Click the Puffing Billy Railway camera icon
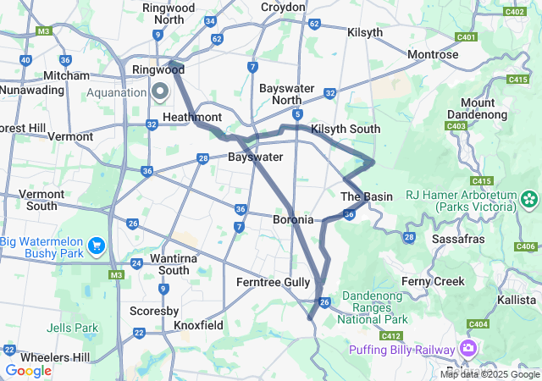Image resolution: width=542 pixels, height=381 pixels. (467, 348)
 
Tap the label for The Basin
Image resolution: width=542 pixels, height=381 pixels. (366, 196)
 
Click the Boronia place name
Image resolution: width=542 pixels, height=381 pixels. (293, 219)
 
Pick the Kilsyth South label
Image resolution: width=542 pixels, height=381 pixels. (345, 129)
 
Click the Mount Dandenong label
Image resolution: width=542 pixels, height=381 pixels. (484, 109)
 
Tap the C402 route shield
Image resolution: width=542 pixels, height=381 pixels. (513, 12)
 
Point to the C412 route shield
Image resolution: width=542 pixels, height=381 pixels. (390, 336)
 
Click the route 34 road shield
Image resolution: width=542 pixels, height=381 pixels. (210, 21)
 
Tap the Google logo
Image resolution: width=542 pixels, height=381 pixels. (28, 370)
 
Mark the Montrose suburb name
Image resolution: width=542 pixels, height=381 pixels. (433, 55)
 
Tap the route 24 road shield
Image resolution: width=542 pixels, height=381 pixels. (137, 263)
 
